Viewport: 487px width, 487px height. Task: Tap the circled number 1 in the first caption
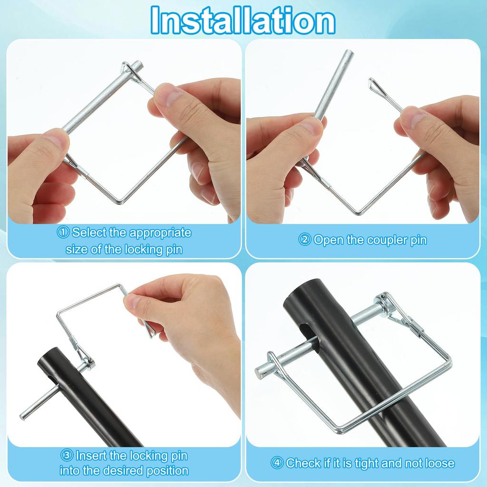pos(63,233)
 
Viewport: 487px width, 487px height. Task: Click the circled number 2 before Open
pos(305,240)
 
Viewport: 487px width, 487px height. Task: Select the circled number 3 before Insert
pos(67,456)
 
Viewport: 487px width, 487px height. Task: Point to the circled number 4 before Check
pos(277,463)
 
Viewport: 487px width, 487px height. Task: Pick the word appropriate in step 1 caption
pos(160,233)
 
